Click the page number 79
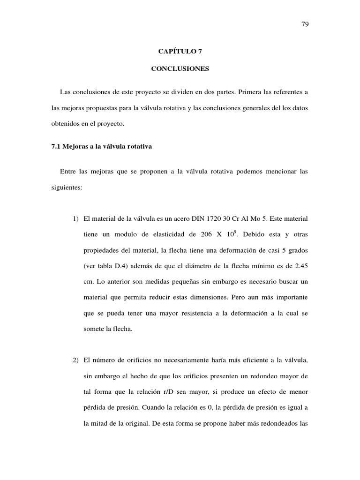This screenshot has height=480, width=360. [x=305, y=24]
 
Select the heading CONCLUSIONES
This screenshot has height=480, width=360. [x=180, y=69]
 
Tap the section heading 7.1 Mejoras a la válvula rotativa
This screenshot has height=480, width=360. [x=102, y=147]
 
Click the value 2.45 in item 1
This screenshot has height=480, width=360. [x=300, y=266]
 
